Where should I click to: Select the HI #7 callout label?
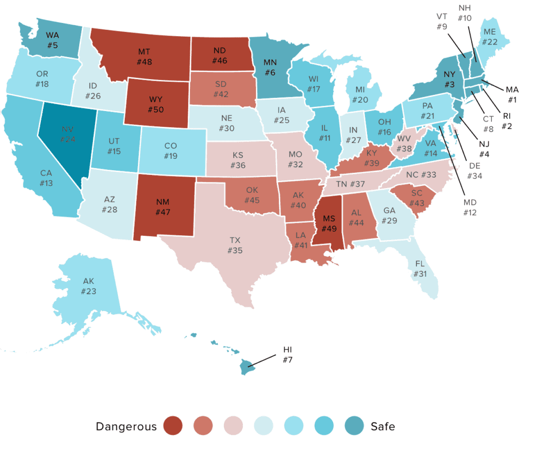click(x=287, y=355)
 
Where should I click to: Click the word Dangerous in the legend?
click(x=126, y=426)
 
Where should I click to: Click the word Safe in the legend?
click(x=382, y=426)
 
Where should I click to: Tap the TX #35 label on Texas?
click(x=235, y=245)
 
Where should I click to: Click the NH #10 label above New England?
click(x=465, y=13)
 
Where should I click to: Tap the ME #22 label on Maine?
click(x=489, y=38)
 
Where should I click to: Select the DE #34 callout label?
click(x=476, y=170)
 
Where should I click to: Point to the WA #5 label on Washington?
click(x=52, y=40)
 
